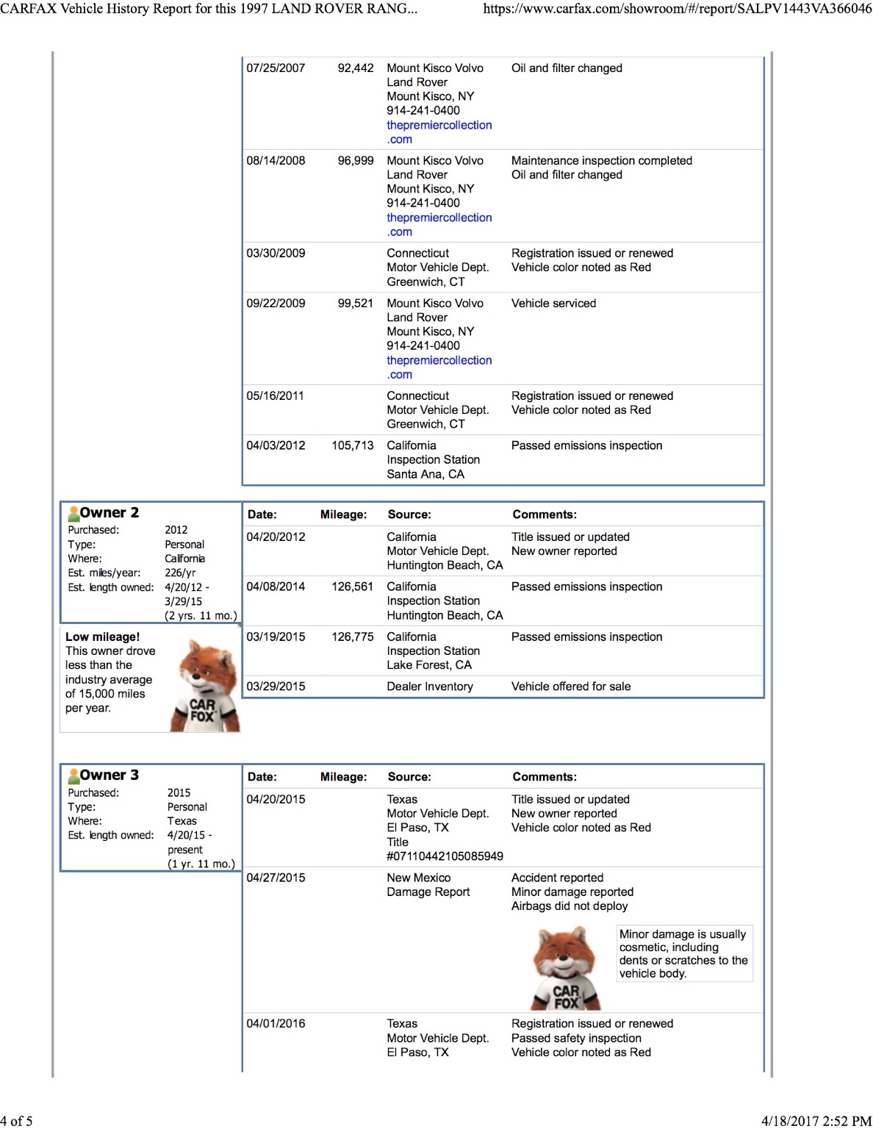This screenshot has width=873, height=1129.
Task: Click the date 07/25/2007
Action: pos(276,68)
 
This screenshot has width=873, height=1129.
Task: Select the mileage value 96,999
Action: pos(356,161)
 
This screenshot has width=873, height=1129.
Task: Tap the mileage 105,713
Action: pos(353,445)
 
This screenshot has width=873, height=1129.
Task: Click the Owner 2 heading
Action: pos(109,513)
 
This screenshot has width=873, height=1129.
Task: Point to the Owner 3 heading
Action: pos(109,775)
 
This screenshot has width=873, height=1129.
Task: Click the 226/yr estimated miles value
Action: pos(180,573)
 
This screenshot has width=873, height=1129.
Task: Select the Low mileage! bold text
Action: pos(102,637)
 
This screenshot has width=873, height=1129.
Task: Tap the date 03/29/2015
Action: pos(276,687)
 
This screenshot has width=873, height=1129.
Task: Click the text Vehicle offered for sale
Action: pos(571,687)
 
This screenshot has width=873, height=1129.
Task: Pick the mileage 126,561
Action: pos(353,587)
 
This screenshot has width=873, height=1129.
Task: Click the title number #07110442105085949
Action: pos(445,856)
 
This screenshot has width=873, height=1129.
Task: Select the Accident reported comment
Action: pos(557,878)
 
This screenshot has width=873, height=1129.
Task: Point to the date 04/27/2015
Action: pos(276,878)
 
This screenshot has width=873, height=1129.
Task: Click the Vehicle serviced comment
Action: pos(553,304)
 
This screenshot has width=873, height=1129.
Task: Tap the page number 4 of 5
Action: pos(16,1121)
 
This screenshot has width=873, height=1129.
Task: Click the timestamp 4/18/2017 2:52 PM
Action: pos(816,1121)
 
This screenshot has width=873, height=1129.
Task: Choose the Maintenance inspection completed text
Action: pos(602,161)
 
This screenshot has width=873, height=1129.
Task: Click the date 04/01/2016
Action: pos(276,1024)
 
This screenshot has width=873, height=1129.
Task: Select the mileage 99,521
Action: pos(356,304)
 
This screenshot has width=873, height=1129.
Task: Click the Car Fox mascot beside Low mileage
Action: pos(204,687)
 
